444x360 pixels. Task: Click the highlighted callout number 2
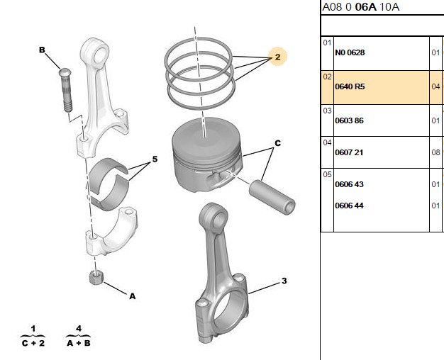point(277,57)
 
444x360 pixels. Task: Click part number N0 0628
point(350,52)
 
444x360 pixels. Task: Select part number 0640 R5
point(350,86)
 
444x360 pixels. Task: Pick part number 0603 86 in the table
point(349,120)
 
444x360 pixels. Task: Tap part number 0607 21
point(349,152)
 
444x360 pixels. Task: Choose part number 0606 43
point(349,184)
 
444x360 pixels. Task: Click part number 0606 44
point(349,206)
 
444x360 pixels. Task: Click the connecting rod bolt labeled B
point(65,90)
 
